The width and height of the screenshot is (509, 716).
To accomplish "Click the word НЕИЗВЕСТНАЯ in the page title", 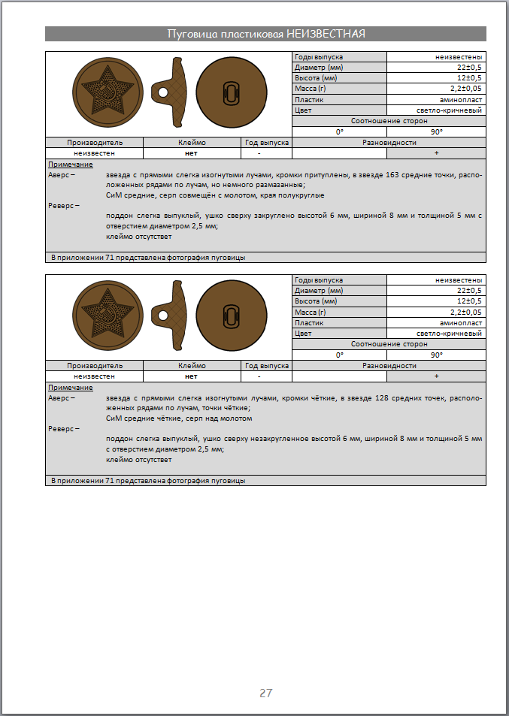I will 329,34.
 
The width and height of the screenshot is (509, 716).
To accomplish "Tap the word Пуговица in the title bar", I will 189,34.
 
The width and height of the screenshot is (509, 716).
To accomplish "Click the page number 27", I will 265,693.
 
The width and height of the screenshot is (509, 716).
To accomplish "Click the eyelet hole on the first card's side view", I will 161,93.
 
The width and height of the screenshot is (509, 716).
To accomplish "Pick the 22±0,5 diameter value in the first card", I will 467,68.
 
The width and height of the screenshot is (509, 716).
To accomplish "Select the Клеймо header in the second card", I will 192,366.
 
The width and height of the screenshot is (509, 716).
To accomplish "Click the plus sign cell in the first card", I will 437,153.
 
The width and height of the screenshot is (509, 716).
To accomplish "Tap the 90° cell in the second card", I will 437,355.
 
